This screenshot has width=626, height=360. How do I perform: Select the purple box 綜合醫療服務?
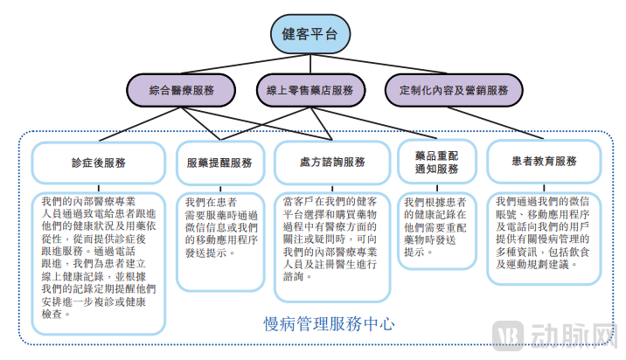(x=181, y=90)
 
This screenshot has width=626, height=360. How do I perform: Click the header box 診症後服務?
(x=99, y=163)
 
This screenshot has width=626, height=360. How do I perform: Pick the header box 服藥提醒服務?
(x=219, y=163)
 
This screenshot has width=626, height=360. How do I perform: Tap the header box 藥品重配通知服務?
(x=435, y=162)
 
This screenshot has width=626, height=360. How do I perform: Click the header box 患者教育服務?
(x=544, y=163)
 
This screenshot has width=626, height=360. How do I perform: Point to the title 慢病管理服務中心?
(x=329, y=323)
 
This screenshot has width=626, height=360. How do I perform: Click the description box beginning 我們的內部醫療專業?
(x=99, y=261)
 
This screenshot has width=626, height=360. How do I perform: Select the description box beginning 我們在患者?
(x=219, y=240)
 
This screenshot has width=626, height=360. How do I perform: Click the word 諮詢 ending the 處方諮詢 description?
(x=295, y=276)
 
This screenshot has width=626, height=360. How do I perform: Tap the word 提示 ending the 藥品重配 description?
(x=418, y=252)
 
